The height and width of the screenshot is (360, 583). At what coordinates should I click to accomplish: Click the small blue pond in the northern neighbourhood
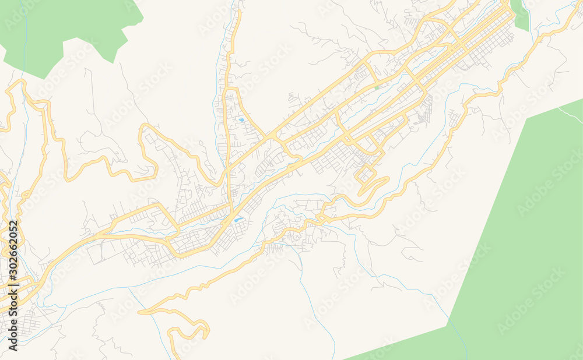tap(241, 120)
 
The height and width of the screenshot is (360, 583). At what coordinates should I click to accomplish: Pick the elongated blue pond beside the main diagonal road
tap(238, 220)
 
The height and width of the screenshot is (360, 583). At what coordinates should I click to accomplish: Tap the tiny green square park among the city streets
tap(377, 87)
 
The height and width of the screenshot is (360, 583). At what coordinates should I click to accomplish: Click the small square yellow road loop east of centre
tap(366, 173)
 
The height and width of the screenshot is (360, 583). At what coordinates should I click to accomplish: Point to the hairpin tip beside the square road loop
tap(385, 180)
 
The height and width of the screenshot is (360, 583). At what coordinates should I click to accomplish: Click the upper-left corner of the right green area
tap(526, 120)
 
